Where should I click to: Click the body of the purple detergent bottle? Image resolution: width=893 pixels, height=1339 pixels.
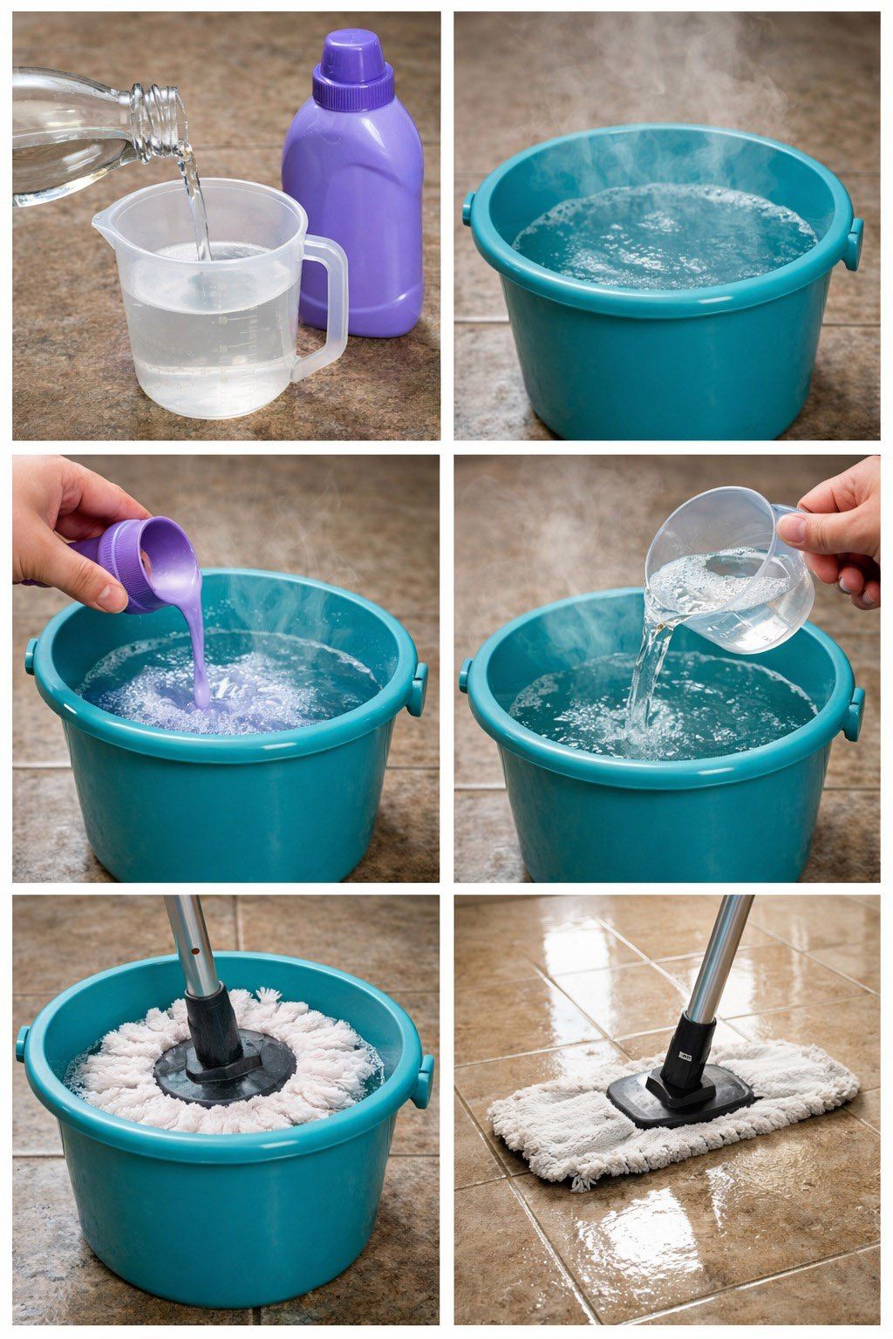point(353,218)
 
